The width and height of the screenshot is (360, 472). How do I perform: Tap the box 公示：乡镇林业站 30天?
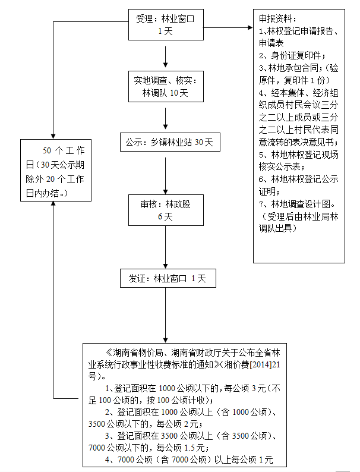169,143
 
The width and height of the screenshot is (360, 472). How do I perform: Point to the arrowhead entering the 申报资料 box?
249,27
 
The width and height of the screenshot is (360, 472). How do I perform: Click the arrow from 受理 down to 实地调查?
166,56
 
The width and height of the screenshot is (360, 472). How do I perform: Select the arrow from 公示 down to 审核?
166,172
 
